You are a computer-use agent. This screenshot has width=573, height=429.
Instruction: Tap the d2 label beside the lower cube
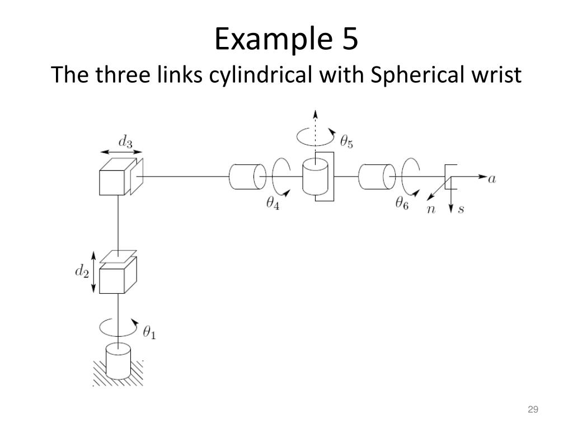click(x=83, y=273)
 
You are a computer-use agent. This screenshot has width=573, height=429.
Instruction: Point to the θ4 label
click(x=273, y=204)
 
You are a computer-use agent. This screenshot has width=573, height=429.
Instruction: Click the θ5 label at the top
click(x=346, y=143)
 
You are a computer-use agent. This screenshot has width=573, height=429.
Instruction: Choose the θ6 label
click(x=402, y=204)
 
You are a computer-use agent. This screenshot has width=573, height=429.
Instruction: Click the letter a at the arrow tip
click(x=492, y=179)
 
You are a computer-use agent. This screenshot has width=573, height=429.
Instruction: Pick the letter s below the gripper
click(x=461, y=210)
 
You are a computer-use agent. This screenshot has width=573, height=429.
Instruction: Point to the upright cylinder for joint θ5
click(x=315, y=178)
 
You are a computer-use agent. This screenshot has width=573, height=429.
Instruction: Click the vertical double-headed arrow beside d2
click(x=94, y=273)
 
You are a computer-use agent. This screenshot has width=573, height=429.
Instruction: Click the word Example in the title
click(x=255, y=40)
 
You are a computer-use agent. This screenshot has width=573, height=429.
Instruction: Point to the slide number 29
click(x=532, y=411)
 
